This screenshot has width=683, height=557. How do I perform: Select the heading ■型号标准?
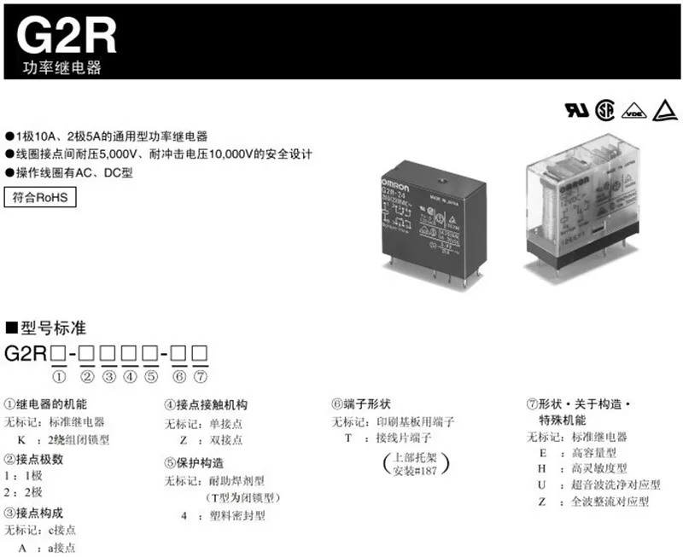[x=46, y=328]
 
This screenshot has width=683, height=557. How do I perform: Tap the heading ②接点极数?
[x=34, y=458]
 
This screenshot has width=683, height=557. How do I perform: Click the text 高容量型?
[x=593, y=453]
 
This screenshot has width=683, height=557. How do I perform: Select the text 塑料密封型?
[x=238, y=515]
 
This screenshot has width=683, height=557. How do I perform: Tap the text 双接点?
[x=226, y=440]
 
